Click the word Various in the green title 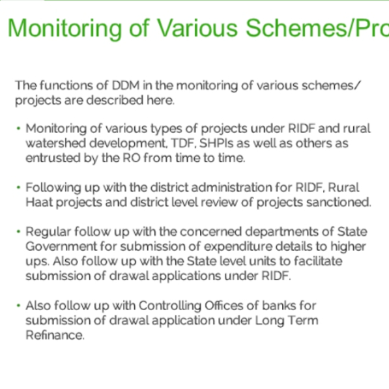[x=197, y=28]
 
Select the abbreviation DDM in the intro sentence [x=126, y=85]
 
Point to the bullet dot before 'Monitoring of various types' [x=18, y=128]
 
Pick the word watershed [x=56, y=143]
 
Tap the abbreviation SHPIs [x=216, y=143]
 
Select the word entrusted [x=53, y=158]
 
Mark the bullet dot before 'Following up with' [x=18, y=187]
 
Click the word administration [x=232, y=187]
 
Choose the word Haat [x=39, y=202]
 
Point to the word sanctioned [x=339, y=202]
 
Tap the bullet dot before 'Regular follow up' [x=18, y=231]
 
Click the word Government [x=61, y=246]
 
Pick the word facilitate [x=318, y=261]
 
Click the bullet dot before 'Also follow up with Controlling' [x=18, y=306]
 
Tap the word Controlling [x=170, y=306]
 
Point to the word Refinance [x=55, y=335]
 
